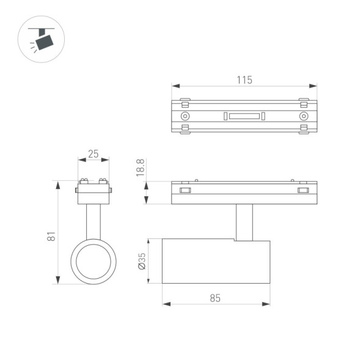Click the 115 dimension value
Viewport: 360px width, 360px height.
(244, 79)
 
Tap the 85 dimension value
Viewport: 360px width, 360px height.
(215, 298)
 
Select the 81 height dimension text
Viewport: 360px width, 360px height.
(52, 236)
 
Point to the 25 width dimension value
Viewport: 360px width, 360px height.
(93, 154)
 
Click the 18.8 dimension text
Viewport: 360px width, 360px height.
(140, 168)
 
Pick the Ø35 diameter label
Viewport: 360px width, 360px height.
(141, 262)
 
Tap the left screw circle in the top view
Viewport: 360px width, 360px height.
(185, 116)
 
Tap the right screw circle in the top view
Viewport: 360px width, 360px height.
(303, 116)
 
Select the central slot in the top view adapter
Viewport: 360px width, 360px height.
(244, 116)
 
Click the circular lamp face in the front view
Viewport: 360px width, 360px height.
(94, 261)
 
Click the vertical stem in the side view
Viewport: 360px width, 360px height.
(243, 222)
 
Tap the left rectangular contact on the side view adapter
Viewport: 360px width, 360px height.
(185, 191)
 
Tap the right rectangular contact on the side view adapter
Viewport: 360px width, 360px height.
(303, 191)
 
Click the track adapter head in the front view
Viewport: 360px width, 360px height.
(94, 191)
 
